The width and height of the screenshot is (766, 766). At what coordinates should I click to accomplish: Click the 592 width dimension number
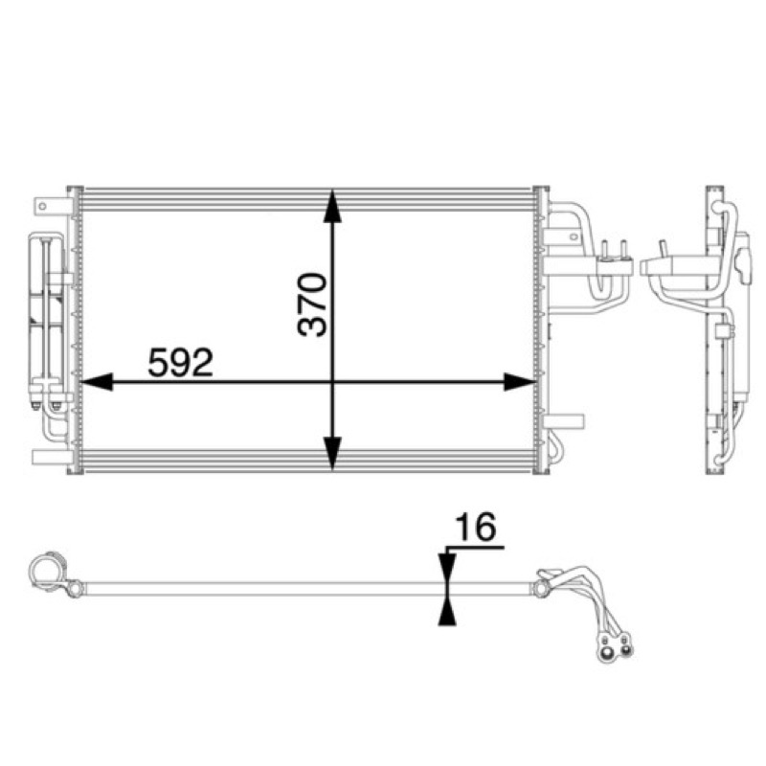180,363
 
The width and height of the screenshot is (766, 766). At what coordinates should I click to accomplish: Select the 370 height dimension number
312,304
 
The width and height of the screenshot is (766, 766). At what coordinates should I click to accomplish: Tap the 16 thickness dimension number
475,528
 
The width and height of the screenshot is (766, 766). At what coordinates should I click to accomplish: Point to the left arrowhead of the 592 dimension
97,382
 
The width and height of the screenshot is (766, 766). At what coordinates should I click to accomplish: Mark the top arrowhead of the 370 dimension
332,206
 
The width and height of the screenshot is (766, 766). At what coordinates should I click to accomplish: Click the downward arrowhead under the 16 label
447,568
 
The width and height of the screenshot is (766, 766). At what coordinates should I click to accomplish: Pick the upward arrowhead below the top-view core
447,611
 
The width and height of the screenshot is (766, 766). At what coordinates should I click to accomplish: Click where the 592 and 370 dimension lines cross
332,382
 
